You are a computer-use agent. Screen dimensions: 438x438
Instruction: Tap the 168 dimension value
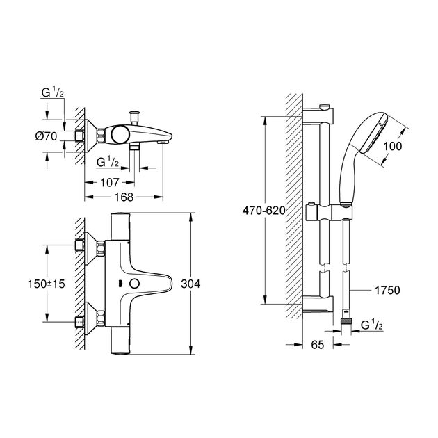pos(123,198)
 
